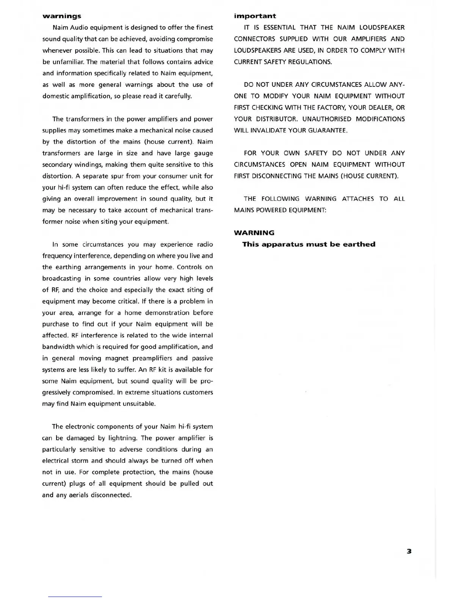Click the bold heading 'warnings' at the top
pyautogui.click(x=61, y=16)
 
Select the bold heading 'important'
pyautogui.click(x=255, y=16)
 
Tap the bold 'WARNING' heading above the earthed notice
pyautogui.click(x=254, y=233)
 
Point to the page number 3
pyautogui.click(x=409, y=551)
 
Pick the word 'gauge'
pyautogui.click(x=203, y=153)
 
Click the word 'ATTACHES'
pyautogui.click(x=357, y=198)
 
